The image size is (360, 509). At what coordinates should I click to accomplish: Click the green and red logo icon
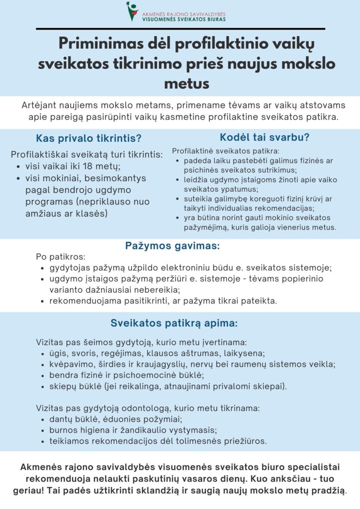click(132, 11)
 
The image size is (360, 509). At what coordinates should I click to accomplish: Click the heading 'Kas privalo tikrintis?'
click(89, 138)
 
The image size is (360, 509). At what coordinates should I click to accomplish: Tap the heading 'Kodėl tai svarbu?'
click(264, 137)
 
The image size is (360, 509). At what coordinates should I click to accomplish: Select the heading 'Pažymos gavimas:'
click(172, 246)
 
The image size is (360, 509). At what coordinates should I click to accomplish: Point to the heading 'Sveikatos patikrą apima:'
click(174, 323)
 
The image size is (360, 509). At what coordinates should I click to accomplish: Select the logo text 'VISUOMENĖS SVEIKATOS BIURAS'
click(184, 19)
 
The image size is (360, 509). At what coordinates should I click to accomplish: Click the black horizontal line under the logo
click(180, 29)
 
